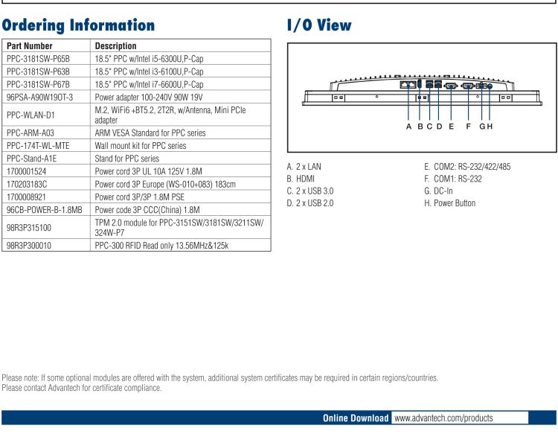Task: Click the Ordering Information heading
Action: (x=79, y=25)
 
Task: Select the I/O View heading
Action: (x=319, y=25)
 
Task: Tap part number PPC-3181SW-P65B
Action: (x=37, y=58)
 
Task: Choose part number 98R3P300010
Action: (x=29, y=243)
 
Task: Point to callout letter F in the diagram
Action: (x=468, y=126)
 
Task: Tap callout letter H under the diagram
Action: (x=490, y=126)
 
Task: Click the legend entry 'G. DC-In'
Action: (x=441, y=191)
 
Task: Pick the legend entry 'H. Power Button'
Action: (x=449, y=203)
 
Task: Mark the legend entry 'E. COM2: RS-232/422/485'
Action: (x=466, y=167)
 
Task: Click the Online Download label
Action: (x=356, y=418)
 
